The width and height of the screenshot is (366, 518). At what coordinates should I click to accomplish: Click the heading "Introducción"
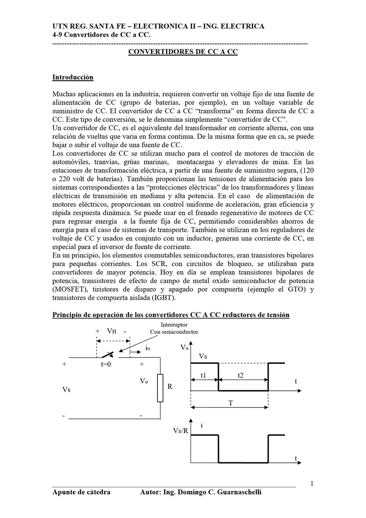point(73,77)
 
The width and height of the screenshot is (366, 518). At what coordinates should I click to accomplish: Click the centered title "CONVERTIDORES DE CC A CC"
point(183,52)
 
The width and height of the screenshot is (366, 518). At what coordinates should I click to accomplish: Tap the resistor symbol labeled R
point(160,388)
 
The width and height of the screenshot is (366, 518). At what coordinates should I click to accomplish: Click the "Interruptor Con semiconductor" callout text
point(170,328)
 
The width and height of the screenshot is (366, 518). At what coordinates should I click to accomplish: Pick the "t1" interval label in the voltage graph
point(204,376)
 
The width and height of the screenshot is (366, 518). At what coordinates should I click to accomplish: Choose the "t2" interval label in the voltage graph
point(240,376)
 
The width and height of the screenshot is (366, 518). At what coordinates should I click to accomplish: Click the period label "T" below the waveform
point(230,403)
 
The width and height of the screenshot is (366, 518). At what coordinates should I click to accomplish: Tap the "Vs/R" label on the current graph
point(180,431)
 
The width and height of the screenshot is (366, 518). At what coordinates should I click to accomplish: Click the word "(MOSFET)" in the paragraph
point(69,289)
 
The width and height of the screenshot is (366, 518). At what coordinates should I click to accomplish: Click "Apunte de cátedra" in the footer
point(81,492)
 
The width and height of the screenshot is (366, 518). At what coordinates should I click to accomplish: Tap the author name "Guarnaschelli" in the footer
point(237,492)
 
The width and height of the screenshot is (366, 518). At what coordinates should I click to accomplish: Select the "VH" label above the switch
point(111,331)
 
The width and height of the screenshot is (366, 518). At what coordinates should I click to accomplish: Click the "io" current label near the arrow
point(147,349)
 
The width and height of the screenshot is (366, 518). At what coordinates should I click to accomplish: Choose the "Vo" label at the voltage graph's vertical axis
point(184,347)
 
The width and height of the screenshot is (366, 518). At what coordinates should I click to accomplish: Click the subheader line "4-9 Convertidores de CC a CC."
point(102,35)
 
